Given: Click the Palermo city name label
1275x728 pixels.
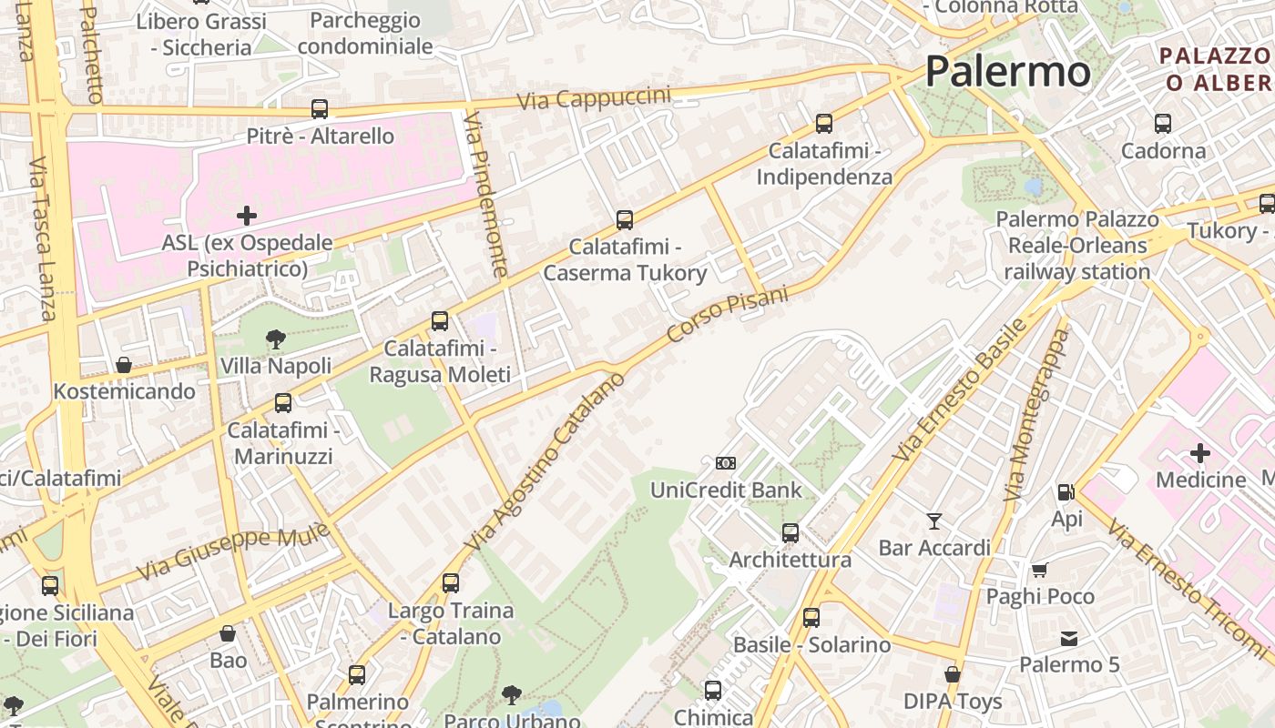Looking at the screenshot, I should tap(1007, 72).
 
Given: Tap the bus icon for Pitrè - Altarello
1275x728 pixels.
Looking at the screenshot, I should tap(320, 109).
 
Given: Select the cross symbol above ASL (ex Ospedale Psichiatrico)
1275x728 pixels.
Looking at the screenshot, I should tap(246, 216).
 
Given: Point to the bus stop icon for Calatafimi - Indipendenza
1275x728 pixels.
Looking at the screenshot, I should tap(824, 124).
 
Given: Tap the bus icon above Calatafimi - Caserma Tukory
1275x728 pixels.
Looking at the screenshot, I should tap(625, 219).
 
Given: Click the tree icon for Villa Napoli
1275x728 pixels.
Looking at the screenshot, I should tap(275, 339).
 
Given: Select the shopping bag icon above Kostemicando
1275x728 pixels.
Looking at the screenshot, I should tap(124, 365).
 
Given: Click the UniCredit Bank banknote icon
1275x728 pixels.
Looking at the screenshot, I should tap(726, 463).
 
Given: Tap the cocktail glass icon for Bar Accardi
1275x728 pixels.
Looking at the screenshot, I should tap(934, 521).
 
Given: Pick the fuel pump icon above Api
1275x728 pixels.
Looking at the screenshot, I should tap(1066, 492).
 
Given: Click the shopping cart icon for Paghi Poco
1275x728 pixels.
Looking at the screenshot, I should tap(1040, 570).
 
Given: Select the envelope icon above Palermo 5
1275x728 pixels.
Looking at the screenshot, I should tap(1069, 639).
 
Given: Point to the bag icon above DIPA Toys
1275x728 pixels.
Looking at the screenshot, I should tap(953, 674).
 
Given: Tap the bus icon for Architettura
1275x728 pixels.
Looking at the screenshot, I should tap(790, 533).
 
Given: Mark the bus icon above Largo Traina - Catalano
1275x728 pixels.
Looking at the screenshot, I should tap(451, 583).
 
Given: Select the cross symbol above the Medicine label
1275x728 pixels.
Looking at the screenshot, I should tap(1200, 452).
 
